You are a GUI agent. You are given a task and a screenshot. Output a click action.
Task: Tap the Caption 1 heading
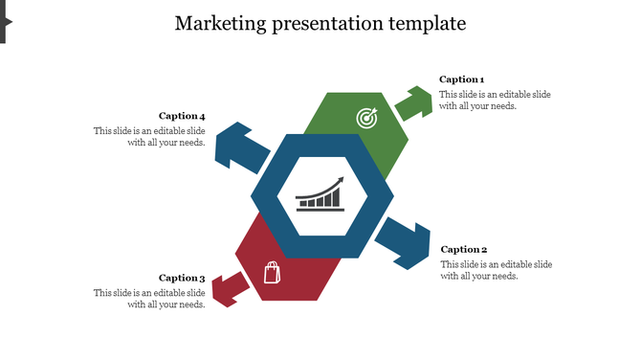tap(461, 79)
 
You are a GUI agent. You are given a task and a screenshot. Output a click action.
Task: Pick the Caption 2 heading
tap(464, 250)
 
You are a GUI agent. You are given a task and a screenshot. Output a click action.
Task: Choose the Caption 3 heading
tap(182, 278)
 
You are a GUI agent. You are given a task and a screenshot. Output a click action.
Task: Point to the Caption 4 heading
tap(182, 117)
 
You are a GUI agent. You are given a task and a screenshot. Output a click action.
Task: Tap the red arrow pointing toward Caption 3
tap(225, 288)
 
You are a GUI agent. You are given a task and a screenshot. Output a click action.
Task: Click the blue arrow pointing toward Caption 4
tap(240, 146)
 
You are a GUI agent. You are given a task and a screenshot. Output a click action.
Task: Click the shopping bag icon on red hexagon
tap(272, 273)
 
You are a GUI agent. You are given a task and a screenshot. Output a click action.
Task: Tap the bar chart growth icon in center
tap(320, 193)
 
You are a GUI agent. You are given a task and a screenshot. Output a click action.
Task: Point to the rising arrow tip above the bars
tap(341, 179)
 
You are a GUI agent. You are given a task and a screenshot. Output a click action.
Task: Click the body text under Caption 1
tap(495, 101)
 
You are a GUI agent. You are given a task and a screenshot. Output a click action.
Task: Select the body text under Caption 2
tap(496, 270)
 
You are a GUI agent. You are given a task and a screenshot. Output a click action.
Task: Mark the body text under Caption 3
tap(149, 299)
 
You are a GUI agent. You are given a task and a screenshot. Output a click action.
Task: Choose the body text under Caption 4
tap(149, 136)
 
